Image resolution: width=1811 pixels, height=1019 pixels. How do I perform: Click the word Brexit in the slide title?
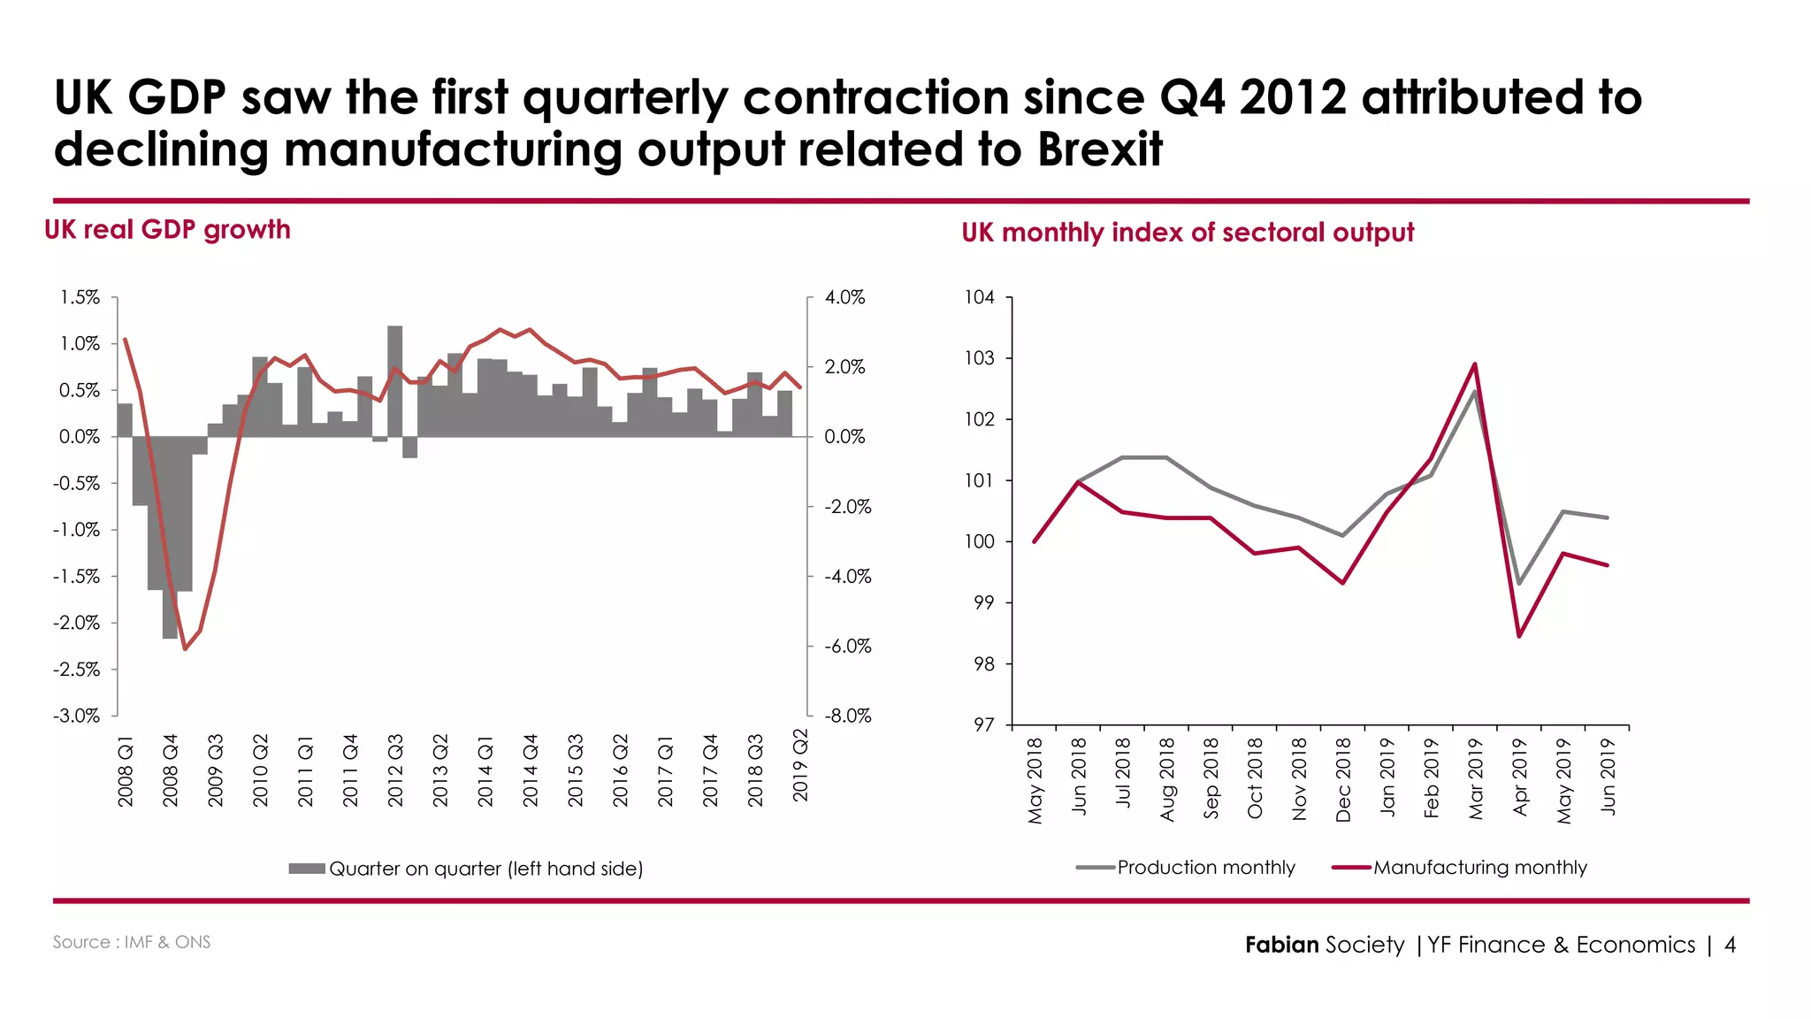1099,149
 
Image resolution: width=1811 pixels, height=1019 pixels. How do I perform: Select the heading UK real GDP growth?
167,230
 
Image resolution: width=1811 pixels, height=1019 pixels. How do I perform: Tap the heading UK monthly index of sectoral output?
1188,233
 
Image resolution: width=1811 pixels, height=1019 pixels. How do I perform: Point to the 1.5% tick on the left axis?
80,297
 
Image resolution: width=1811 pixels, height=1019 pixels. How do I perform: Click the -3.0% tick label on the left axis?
77,716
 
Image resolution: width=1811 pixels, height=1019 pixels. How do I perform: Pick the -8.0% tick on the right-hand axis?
847,716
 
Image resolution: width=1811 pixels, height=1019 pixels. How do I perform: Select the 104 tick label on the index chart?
980,297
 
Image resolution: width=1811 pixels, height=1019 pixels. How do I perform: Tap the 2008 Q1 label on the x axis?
126,770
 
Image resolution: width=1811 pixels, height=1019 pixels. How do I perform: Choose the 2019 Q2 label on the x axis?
800,765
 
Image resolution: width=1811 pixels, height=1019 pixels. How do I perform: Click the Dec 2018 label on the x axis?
1343,779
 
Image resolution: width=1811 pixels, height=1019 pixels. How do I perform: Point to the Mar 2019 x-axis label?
1475,778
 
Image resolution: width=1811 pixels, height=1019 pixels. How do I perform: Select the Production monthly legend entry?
1205,868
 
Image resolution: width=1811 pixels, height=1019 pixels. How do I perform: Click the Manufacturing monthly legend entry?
1479,868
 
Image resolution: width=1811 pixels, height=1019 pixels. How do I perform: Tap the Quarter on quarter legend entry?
485,869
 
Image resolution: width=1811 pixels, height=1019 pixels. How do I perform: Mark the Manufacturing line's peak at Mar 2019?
1475,364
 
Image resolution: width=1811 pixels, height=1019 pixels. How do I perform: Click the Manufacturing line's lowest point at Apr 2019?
1519,636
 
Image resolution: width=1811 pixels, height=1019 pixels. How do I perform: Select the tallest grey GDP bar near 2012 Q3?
395,380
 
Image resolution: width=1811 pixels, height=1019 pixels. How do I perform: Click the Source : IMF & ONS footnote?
132,942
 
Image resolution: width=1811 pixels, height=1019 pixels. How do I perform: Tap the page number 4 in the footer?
1730,945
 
